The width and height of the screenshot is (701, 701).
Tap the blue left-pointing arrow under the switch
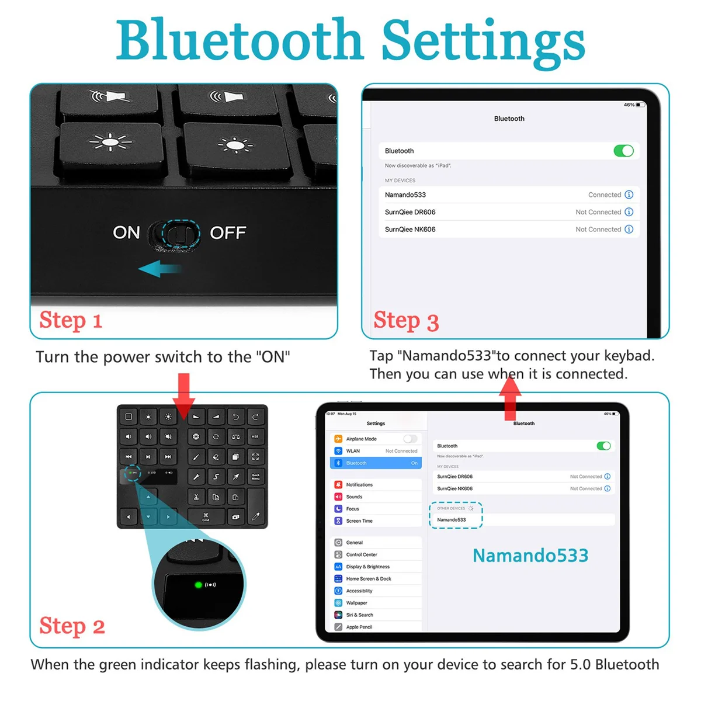[x=159, y=269]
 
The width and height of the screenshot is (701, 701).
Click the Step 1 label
[x=71, y=320]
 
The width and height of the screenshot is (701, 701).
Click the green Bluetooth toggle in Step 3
[x=623, y=151]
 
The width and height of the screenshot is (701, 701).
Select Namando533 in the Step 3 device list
[x=405, y=195]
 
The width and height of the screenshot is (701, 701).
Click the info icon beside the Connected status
[x=629, y=195]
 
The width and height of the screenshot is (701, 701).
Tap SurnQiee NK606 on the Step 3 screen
[x=410, y=230]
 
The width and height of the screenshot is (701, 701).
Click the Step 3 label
[x=406, y=321]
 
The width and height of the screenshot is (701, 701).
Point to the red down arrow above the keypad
[x=184, y=396]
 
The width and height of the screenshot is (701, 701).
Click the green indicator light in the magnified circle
[x=198, y=584]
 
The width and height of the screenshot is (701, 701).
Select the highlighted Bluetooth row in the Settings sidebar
[x=376, y=463]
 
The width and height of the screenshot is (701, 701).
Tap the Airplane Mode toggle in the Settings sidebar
[x=410, y=439]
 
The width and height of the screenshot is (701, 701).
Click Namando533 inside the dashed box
[x=452, y=519]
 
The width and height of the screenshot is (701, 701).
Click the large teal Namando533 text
[x=530, y=556]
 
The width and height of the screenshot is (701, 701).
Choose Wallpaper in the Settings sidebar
[x=356, y=603]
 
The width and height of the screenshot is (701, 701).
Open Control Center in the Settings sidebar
[x=362, y=554]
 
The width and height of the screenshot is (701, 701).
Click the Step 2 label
[x=72, y=626]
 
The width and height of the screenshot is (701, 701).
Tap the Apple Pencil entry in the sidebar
[x=359, y=627]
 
